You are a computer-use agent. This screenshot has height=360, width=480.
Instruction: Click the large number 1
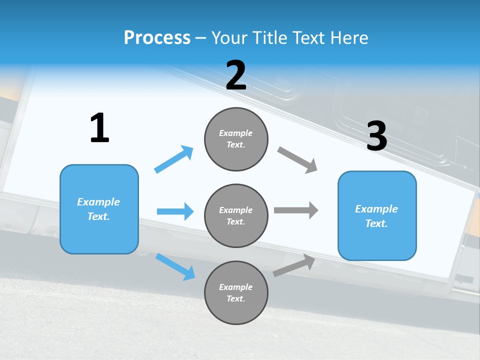[99, 128]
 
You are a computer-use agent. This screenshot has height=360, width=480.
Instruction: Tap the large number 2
[236, 75]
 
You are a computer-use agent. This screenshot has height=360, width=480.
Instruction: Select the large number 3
[377, 136]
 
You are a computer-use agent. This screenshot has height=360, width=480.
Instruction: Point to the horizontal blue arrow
[175, 211]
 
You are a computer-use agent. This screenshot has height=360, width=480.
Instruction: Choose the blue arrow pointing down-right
[175, 266]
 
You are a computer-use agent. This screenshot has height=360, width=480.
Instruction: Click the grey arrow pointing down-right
[297, 160]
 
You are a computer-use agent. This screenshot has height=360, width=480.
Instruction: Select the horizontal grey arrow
[296, 210]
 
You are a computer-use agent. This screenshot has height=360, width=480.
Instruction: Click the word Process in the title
[157, 37]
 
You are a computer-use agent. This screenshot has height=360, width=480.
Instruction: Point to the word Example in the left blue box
[98, 202]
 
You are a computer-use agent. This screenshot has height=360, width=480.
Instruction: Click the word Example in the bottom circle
[236, 287]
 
